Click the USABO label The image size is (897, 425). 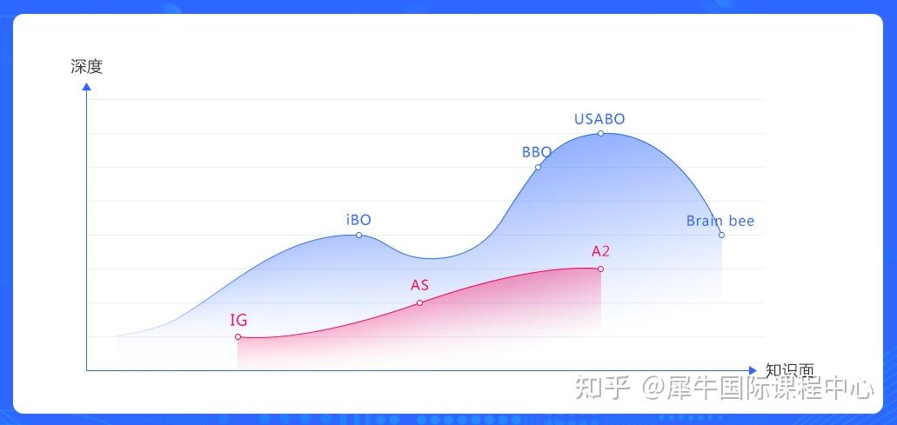[x=599, y=119]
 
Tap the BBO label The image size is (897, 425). [x=536, y=152]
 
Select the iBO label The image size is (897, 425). [x=358, y=220]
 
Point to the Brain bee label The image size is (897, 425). [x=720, y=221]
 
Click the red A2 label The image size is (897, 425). [x=600, y=251]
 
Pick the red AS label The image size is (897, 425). [x=419, y=285]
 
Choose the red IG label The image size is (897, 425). [x=238, y=320]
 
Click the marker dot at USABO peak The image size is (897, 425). [x=600, y=133]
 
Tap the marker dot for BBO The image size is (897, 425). [x=538, y=167]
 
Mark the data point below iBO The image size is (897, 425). [x=358, y=235]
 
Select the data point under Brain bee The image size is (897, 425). [x=721, y=235]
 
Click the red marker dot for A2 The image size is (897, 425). [x=600, y=269]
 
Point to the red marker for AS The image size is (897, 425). [x=419, y=302]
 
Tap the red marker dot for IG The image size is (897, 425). [x=238, y=336]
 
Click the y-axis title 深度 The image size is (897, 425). [x=86, y=66]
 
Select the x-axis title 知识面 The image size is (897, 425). [x=790, y=369]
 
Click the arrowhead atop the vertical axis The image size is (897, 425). [x=86, y=86]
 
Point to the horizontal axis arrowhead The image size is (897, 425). [x=753, y=370]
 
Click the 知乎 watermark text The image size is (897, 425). [x=602, y=387]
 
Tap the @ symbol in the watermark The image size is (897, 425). [x=653, y=387]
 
